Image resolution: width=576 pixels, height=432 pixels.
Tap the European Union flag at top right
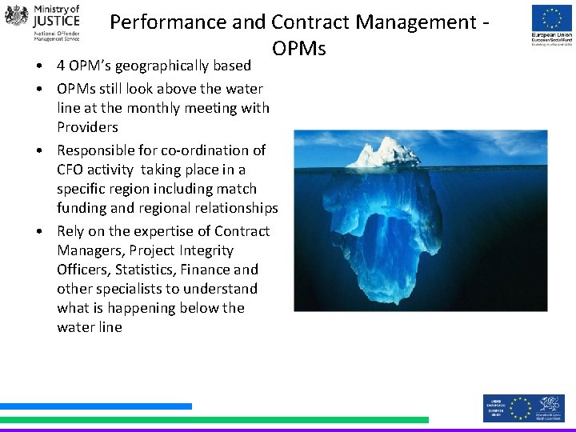click(552, 18)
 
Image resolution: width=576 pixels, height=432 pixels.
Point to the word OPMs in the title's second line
click(298, 49)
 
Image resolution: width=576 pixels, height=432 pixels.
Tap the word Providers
click(87, 127)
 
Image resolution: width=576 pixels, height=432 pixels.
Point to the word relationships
click(235, 208)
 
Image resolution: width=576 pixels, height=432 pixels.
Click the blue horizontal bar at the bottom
click(96, 406)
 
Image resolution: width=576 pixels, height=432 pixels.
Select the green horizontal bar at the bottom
click(214, 419)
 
